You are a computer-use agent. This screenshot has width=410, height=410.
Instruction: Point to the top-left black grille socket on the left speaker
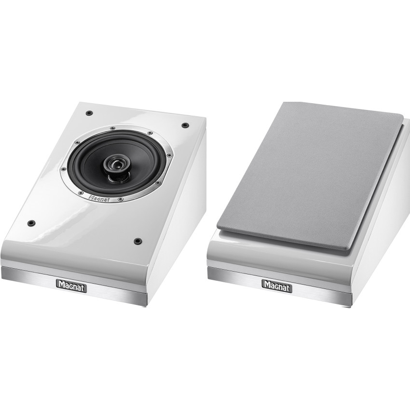click(89, 113)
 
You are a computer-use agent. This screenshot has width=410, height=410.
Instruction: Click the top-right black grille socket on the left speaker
click(185, 125)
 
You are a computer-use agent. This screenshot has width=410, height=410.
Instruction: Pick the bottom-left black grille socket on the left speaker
click(32, 223)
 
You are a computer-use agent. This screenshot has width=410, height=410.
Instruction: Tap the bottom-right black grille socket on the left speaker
click(137, 240)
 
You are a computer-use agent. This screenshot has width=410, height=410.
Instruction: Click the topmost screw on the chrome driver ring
click(112, 128)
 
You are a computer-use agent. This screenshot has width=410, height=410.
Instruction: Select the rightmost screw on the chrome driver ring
click(169, 155)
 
